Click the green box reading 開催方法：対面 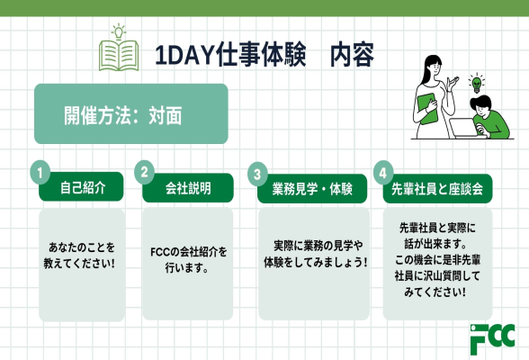(130, 114)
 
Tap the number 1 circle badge (40, 170)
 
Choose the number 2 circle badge (144, 170)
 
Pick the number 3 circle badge (259, 171)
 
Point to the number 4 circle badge (384, 170)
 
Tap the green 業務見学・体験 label (305, 190)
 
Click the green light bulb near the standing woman (477, 84)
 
